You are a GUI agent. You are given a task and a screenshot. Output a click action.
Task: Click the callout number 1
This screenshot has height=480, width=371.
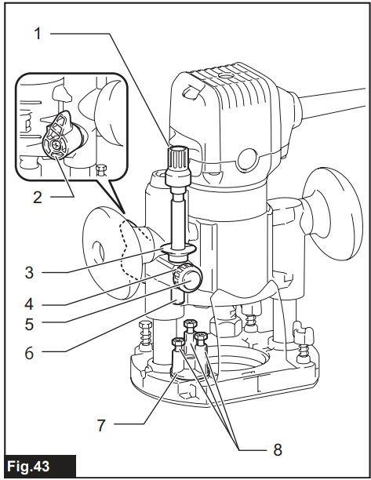pos(38,34)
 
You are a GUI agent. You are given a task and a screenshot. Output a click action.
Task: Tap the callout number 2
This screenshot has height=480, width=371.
pos(38,198)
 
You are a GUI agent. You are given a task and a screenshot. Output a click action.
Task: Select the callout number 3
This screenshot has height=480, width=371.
pos(29,272)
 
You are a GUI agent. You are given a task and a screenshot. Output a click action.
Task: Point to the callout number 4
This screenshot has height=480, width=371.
pos(29,304)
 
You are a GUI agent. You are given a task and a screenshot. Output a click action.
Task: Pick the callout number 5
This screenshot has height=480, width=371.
pos(29,324)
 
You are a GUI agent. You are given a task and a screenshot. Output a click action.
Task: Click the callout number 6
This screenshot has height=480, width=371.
pos(29,353)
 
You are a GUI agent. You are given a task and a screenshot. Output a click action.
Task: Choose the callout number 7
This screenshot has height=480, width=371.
pos(101,425)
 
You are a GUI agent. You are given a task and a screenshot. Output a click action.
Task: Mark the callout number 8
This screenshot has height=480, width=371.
pos(278,450)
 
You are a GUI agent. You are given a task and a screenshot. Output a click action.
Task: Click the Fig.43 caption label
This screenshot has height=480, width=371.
pos(28,467)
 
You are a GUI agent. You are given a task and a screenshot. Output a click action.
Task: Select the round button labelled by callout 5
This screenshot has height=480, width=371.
pos(192,282)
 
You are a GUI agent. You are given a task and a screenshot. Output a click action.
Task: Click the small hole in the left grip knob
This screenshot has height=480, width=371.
pos(97,251)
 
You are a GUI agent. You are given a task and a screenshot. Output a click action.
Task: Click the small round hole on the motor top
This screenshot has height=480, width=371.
pos(226,75)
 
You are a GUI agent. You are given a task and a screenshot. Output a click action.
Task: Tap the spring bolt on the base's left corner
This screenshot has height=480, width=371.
pos(144,336)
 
